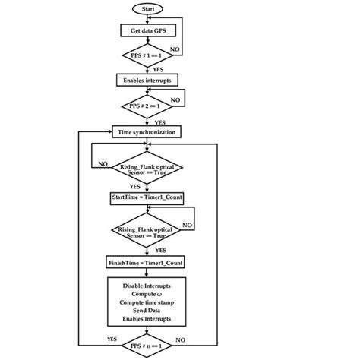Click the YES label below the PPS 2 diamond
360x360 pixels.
point(160,122)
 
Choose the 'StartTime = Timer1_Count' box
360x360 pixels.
point(147,197)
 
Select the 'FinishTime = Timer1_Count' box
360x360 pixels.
point(147,263)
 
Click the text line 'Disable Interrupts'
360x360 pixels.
point(147,285)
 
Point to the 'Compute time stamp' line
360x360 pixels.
point(147,302)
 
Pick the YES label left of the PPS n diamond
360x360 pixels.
point(112,339)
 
